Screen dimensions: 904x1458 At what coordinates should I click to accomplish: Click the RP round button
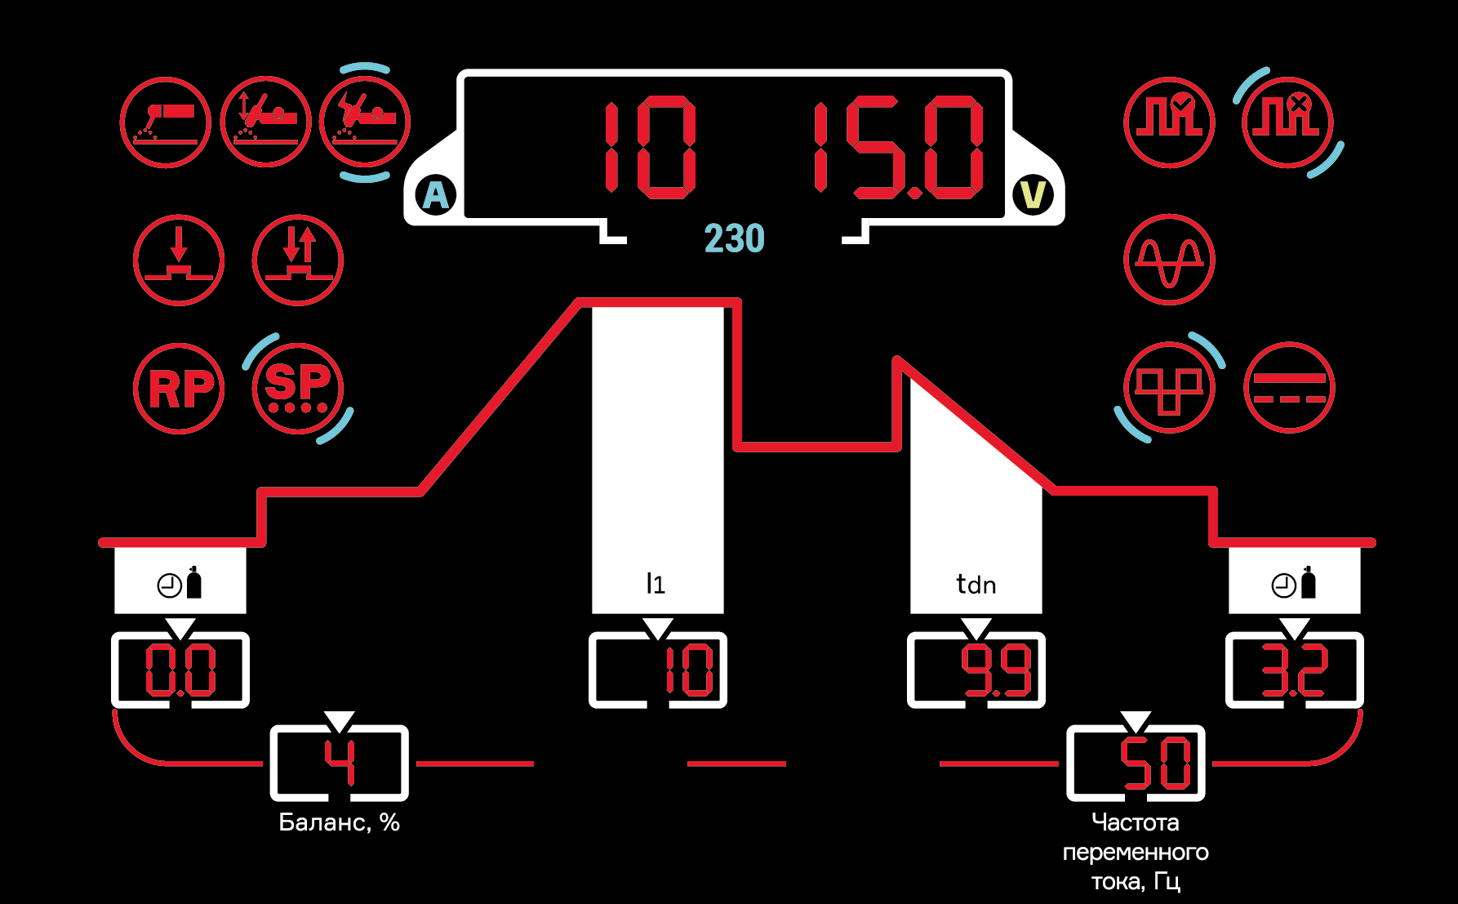click(x=179, y=388)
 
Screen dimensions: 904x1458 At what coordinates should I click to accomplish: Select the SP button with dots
click(x=298, y=388)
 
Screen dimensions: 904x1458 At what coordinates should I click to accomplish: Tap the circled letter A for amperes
click(x=437, y=195)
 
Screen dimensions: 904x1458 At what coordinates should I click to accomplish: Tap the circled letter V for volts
click(x=1033, y=195)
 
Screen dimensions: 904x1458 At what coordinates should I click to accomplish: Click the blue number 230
click(x=734, y=238)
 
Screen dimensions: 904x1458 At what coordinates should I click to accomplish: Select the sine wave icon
click(x=1169, y=260)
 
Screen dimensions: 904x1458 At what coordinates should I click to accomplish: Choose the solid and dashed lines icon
click(x=1289, y=388)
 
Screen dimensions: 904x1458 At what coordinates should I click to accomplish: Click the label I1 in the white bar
click(x=656, y=584)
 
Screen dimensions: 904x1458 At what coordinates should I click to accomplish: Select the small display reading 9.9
click(x=976, y=670)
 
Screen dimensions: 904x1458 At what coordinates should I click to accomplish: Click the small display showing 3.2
click(x=1295, y=670)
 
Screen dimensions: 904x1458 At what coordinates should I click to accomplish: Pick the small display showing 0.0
click(x=180, y=670)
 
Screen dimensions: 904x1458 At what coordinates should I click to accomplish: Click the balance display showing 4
click(x=340, y=764)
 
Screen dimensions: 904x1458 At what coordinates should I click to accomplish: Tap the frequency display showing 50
click(x=1136, y=764)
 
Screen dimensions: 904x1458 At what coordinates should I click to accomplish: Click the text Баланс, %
click(x=339, y=822)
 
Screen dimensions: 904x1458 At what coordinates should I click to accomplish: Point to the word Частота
click(x=1136, y=822)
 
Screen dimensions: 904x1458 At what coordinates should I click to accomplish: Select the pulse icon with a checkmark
click(x=1169, y=122)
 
